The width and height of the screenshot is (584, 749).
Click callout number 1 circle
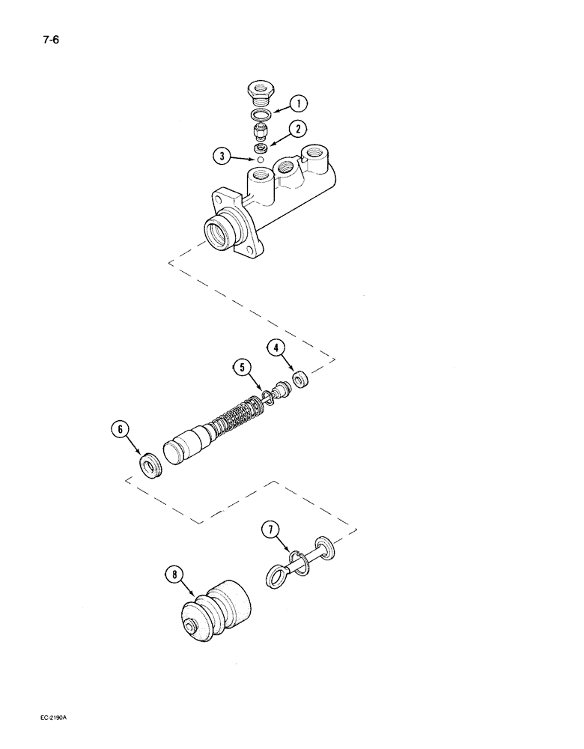pos(298,103)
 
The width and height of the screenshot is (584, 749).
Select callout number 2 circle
pos(298,130)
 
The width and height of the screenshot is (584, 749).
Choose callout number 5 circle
pos(241,368)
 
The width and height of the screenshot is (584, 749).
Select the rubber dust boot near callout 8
pos(215,604)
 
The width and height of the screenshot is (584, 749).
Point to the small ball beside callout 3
pos(260,159)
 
